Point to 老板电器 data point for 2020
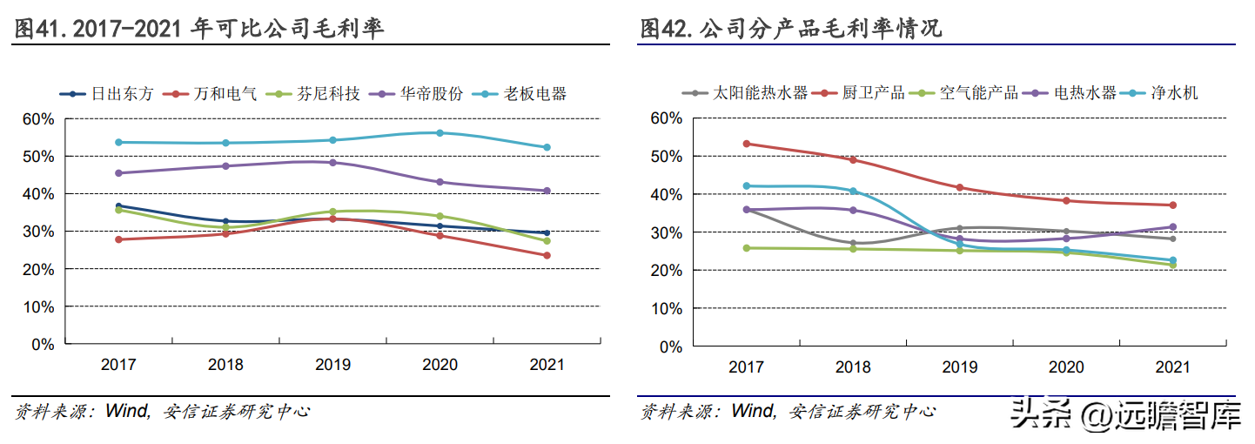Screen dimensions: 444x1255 coord(440,133)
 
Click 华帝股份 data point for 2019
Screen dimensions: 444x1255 coord(332,163)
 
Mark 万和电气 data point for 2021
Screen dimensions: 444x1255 coord(547,255)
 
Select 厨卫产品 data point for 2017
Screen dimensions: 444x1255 coord(747,144)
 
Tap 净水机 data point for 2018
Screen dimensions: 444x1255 coord(853,192)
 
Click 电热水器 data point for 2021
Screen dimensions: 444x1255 coord(1172,227)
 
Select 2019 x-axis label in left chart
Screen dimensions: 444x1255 coord(332,365)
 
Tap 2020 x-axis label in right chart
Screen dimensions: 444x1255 coord(1066,367)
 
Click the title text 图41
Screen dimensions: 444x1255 coord(42,29)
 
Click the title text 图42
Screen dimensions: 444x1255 coord(667,29)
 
